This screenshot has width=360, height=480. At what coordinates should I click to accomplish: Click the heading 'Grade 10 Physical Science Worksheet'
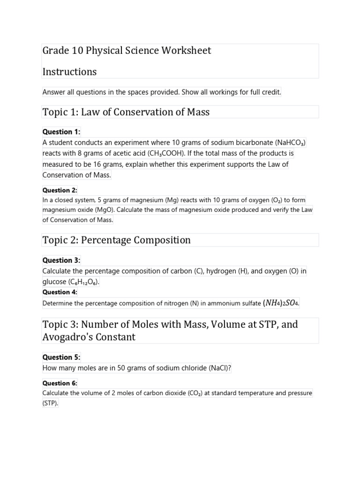pyautogui.click(x=127, y=51)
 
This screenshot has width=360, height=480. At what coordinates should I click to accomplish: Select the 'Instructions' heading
pyautogui.click(x=69, y=72)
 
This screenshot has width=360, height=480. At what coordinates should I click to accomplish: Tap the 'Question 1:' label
pyautogui.click(x=61, y=132)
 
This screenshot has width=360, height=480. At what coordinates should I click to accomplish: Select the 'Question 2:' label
pyautogui.click(x=60, y=190)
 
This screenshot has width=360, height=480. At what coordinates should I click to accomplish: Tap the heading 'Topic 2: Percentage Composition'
pyautogui.click(x=117, y=240)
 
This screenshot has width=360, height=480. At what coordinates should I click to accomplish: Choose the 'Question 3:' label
pyautogui.click(x=61, y=260)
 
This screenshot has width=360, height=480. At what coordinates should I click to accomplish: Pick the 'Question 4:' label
pyautogui.click(x=60, y=292)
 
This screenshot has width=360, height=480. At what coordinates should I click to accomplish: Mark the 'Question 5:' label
pyautogui.click(x=61, y=357)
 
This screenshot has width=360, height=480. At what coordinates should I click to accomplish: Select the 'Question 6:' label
pyautogui.click(x=60, y=383)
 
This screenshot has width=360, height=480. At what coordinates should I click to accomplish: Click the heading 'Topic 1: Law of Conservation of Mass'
pyautogui.click(x=126, y=112)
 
